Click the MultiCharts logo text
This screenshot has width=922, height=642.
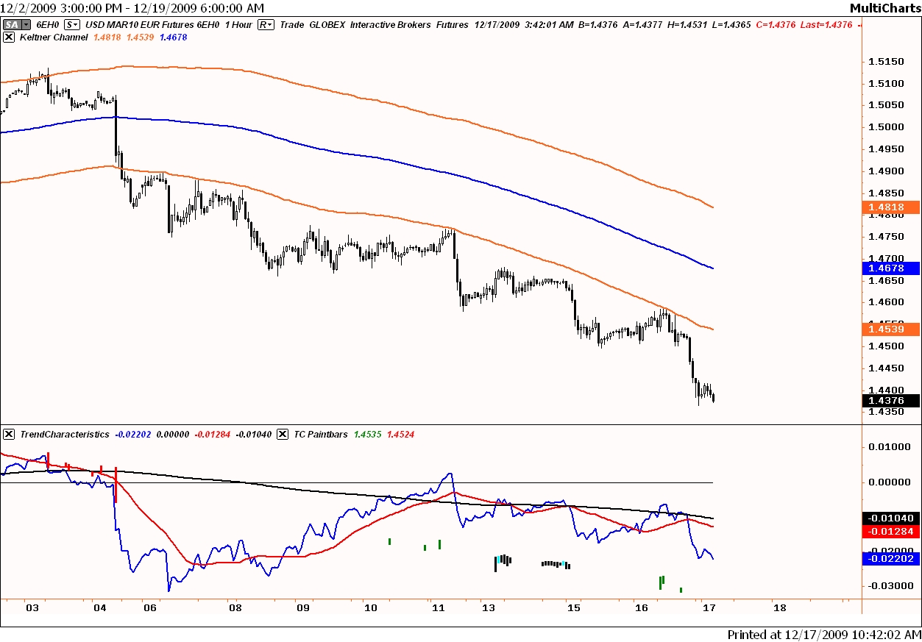[x=884, y=8]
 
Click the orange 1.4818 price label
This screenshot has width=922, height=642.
[x=889, y=207]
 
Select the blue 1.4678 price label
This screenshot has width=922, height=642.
[x=889, y=268]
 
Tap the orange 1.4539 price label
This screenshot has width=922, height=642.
[x=889, y=329]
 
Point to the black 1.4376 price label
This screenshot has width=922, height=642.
[x=889, y=401]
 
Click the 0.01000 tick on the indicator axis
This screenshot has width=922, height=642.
[x=886, y=446]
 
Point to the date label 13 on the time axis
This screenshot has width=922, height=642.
[x=488, y=608]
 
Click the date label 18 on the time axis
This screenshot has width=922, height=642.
[x=779, y=608]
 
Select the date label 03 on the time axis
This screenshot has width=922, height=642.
[x=32, y=608]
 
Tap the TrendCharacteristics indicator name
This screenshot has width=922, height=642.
[x=65, y=435]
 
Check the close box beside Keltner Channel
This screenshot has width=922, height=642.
[x=8, y=37]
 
